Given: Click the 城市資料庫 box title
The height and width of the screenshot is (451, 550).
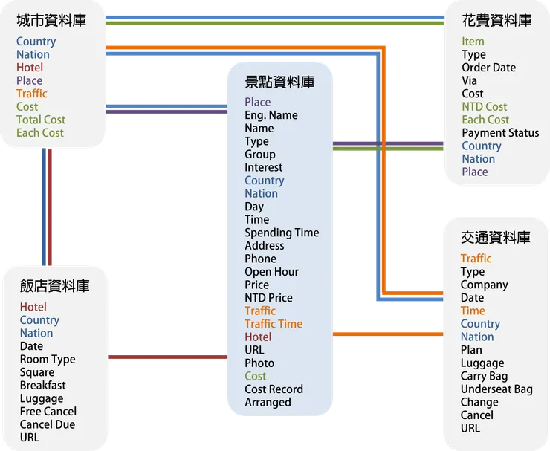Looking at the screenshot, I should [51, 21].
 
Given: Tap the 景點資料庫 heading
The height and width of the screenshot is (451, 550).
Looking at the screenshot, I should [279, 82].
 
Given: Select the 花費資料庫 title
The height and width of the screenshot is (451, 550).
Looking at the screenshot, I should [496, 21].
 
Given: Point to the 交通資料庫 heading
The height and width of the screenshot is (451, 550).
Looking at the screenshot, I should [496, 238].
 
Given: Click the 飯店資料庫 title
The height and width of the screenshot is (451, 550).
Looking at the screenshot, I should [55, 286].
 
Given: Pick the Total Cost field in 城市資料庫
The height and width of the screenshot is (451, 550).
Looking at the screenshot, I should [41, 120].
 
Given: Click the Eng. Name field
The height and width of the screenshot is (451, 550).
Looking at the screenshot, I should [271, 115].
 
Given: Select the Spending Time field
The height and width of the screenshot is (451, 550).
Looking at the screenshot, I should [282, 233].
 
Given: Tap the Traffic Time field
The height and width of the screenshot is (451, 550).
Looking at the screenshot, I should [274, 324].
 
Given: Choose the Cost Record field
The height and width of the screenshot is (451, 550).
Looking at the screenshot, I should [274, 389].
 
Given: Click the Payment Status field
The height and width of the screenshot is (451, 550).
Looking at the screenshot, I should [500, 133].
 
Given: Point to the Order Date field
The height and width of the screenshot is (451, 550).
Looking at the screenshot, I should [488, 68].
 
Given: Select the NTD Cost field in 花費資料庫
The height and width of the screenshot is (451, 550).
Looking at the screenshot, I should [485, 107].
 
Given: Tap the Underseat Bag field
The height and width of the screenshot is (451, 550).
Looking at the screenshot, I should [496, 389].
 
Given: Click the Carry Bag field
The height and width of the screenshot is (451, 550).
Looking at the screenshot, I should [484, 376].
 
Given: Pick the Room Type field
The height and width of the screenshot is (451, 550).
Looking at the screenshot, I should [48, 360].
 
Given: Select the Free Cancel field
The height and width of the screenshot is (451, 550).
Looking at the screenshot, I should [48, 412].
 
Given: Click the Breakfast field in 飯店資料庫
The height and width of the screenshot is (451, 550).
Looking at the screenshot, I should [42, 386].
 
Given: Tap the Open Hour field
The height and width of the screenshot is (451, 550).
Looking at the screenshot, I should [271, 272].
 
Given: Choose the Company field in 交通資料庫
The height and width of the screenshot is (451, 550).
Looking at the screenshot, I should [484, 285].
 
